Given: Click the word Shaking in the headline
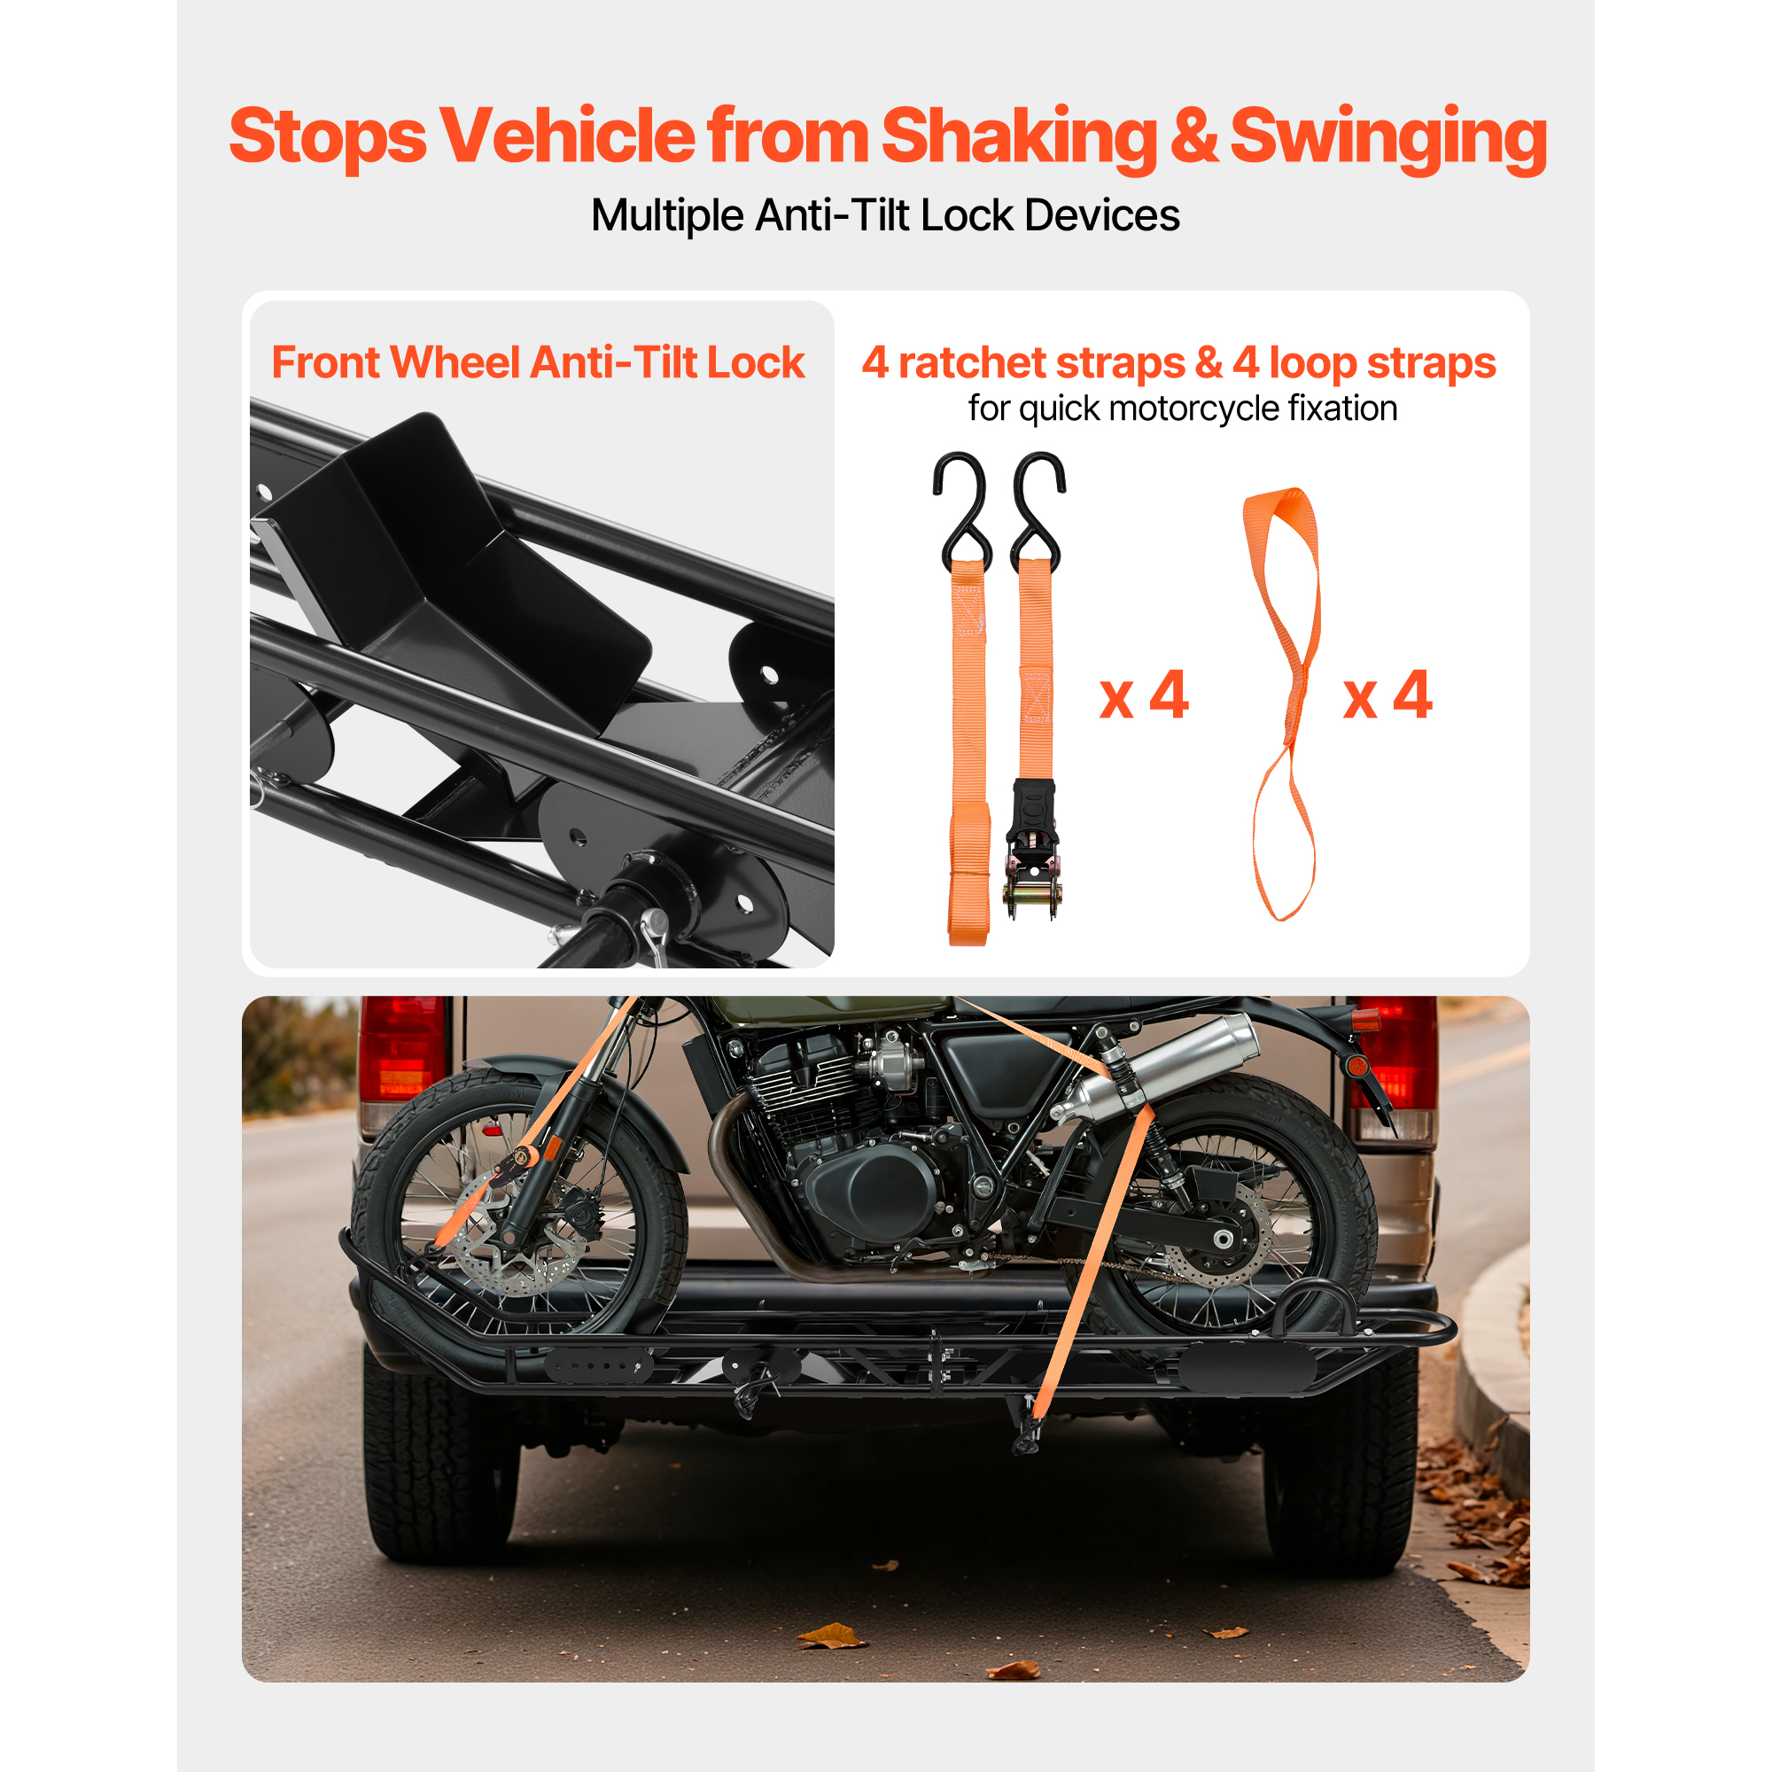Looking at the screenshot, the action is pos(1019,137).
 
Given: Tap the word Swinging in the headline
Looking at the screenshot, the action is pos(1387,137).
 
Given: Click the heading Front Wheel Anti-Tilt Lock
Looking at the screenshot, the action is pos(538,362).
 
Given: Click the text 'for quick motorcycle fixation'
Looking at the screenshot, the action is pos(1182,409).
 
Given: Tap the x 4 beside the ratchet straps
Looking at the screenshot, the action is pos(1144,696).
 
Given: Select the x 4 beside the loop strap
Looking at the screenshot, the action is pos(1387,696).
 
